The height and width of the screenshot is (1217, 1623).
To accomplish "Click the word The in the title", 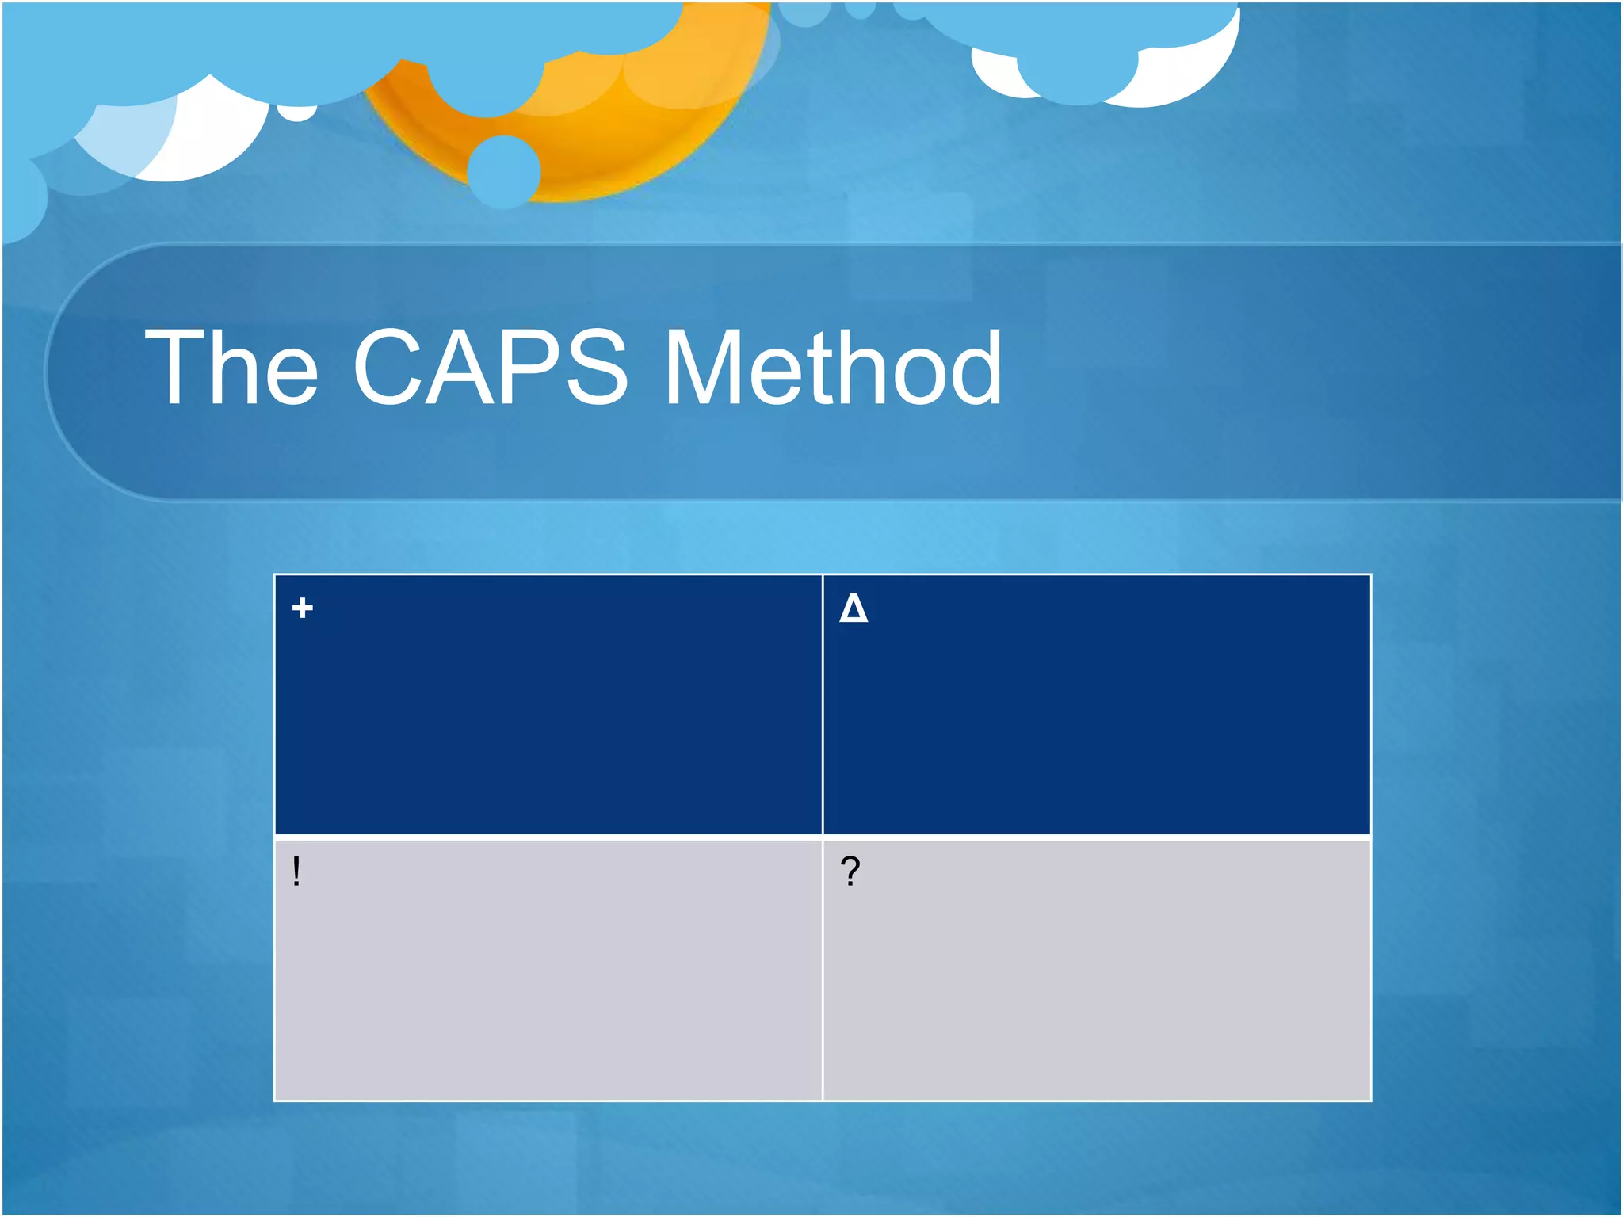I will click(x=231, y=368).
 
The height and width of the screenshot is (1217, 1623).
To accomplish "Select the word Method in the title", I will click(x=833, y=368).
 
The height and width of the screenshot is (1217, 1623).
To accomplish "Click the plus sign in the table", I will click(x=302, y=608).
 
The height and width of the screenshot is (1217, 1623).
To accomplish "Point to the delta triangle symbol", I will click(x=854, y=608).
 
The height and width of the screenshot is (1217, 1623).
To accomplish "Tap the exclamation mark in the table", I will click(x=296, y=872).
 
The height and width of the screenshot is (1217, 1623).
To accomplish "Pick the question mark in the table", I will click(x=850, y=872).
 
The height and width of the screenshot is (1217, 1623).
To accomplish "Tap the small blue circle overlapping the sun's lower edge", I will click(x=504, y=171).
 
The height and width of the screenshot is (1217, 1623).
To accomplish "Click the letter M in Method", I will click(x=701, y=368).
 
